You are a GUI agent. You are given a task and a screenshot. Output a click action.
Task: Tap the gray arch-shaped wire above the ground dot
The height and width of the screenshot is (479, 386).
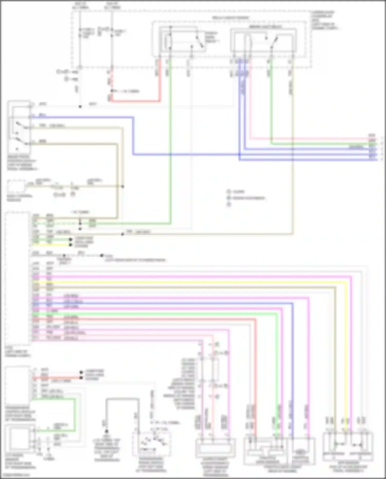pos(122,399)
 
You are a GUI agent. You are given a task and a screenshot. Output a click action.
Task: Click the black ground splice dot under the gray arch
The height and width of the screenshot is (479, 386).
pos(106,431)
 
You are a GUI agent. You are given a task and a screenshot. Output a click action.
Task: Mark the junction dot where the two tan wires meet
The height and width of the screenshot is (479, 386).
pos(123,186)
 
